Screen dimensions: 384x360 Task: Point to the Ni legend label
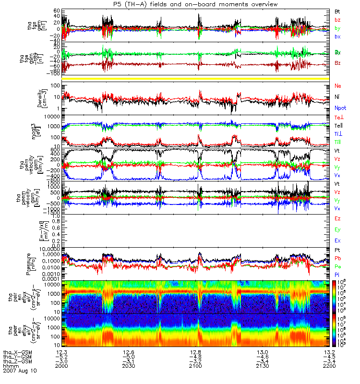point(337,97)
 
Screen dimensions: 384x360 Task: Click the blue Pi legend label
point(337,274)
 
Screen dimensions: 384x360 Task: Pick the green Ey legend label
point(338,229)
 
